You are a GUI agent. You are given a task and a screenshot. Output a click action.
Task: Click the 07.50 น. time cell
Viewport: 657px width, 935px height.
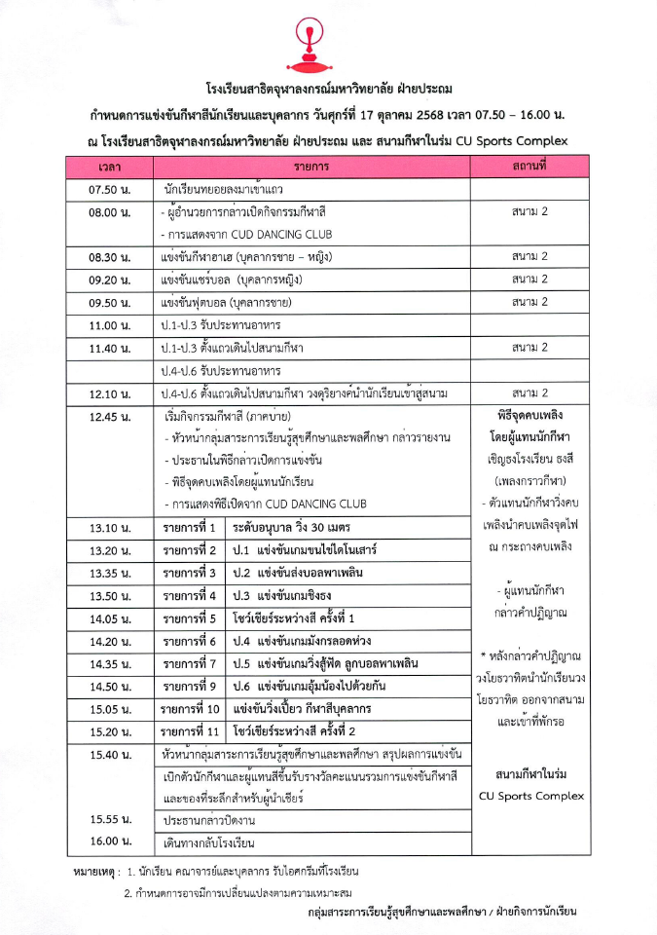tap(110, 190)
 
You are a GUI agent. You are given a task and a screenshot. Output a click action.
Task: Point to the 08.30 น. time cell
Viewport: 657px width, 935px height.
tap(110, 258)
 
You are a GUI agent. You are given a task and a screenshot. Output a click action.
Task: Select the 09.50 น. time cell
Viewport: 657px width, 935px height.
tap(110, 303)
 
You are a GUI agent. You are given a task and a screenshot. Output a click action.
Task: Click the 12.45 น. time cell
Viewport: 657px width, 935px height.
tap(110, 417)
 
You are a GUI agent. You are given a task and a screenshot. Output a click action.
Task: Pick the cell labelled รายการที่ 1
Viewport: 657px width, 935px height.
tap(190, 528)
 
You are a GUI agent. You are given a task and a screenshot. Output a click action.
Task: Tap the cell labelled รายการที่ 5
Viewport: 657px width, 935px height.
tap(190, 618)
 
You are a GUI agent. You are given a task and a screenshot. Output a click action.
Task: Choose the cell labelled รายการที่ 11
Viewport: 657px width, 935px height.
tap(192, 731)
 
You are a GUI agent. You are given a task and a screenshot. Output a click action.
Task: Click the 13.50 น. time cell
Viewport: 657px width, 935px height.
tap(110, 596)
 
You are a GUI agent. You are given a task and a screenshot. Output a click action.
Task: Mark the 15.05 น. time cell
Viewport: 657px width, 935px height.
tap(110, 709)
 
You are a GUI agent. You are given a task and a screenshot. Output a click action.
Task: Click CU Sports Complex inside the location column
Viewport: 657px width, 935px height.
tap(531, 796)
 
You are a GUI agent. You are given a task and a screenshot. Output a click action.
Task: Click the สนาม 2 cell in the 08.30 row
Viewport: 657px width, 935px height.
tap(530, 258)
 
